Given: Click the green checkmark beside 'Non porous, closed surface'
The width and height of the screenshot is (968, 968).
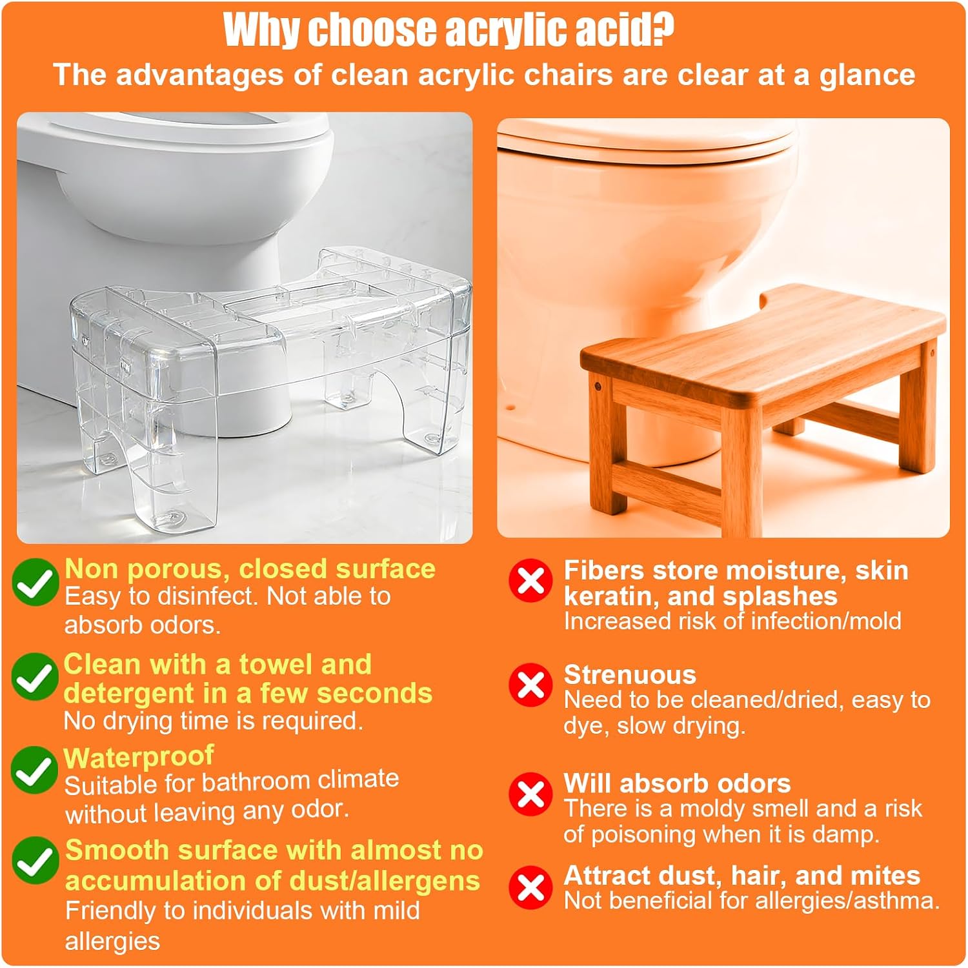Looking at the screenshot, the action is coord(35,582).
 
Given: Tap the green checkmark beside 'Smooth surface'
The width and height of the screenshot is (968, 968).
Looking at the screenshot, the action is coord(35,861).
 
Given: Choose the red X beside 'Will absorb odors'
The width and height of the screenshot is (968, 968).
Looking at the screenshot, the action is coord(530,794).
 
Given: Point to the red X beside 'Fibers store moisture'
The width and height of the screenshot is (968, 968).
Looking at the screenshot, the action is coord(530,580).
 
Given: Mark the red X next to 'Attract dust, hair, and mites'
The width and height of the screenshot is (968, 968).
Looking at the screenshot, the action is coord(530,887).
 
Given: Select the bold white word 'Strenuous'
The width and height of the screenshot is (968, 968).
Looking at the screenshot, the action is coord(630,675).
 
